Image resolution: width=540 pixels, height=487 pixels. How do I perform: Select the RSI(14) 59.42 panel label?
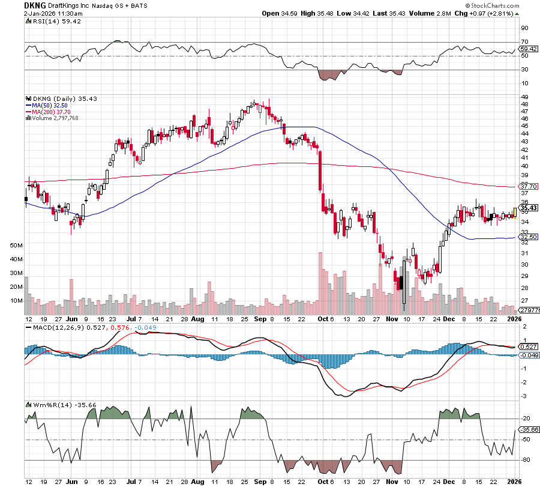coord(50,20)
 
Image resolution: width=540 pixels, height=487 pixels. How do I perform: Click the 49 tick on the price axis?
coord(524,97)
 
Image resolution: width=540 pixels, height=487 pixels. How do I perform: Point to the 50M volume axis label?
coord(16,246)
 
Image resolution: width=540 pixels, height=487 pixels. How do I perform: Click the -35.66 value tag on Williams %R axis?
coord(529,429)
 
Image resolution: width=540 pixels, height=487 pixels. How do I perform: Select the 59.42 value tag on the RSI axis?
coord(528,49)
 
